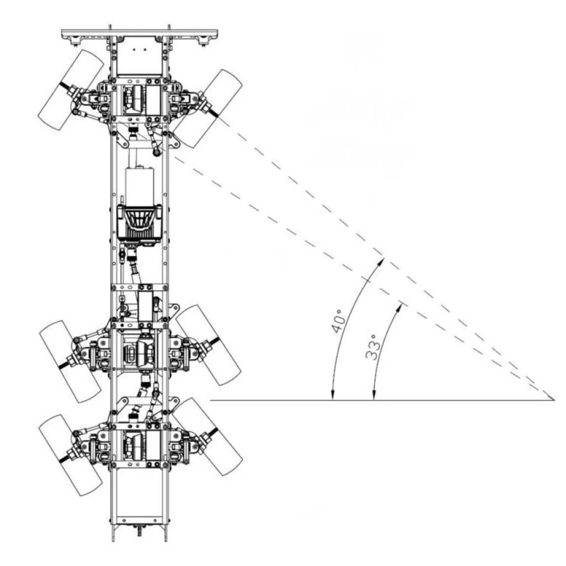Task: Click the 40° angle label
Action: [338, 321]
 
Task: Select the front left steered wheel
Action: [71, 90]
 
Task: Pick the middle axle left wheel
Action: [70, 361]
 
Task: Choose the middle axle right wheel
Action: [208, 344]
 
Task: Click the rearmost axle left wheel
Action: [70, 455]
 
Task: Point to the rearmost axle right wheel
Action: [207, 437]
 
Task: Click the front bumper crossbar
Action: [139, 34]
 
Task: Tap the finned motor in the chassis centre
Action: [139, 223]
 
